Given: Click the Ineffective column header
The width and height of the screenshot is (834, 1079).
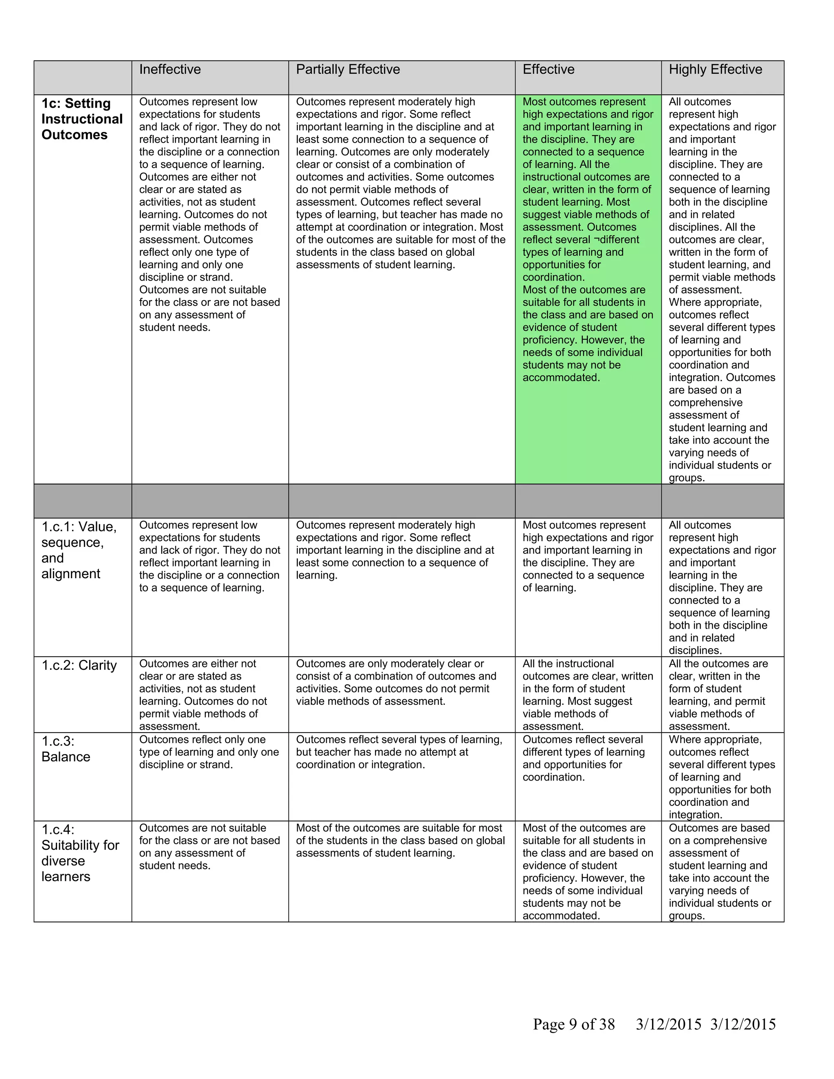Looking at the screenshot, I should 170,70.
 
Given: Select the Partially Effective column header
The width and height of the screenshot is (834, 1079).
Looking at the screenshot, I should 348,70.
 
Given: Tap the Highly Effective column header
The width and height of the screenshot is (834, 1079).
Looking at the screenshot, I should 715,70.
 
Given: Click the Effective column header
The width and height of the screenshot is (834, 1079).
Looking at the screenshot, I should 549,70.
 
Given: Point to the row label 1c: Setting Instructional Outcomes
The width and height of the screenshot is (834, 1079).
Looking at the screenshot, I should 82,119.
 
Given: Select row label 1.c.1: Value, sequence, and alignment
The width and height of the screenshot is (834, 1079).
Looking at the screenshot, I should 79,550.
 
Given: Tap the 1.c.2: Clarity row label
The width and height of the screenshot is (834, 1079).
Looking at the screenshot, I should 79,665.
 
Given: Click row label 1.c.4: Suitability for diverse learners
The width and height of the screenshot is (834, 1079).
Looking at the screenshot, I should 80,853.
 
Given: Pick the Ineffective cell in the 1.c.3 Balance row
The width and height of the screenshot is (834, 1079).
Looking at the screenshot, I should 209,752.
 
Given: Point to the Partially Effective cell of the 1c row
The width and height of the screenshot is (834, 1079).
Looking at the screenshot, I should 401,183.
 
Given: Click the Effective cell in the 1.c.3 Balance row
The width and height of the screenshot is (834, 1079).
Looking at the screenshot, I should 584,759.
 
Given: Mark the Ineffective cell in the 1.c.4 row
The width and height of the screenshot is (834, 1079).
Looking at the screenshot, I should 209,847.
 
